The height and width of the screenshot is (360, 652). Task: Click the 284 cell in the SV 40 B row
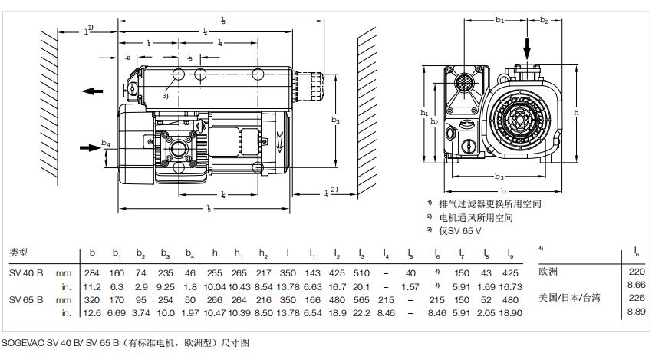pyautogui.click(x=92, y=273)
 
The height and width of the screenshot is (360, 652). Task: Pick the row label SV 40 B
pyautogui.click(x=25, y=273)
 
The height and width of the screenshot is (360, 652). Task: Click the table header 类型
pyautogui.click(x=18, y=252)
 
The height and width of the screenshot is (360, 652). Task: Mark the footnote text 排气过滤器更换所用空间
pyautogui.click(x=490, y=204)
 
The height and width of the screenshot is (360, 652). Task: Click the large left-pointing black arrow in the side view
pyautogui.click(x=92, y=91)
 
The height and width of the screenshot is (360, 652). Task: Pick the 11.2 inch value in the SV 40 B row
pyautogui.click(x=92, y=286)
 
